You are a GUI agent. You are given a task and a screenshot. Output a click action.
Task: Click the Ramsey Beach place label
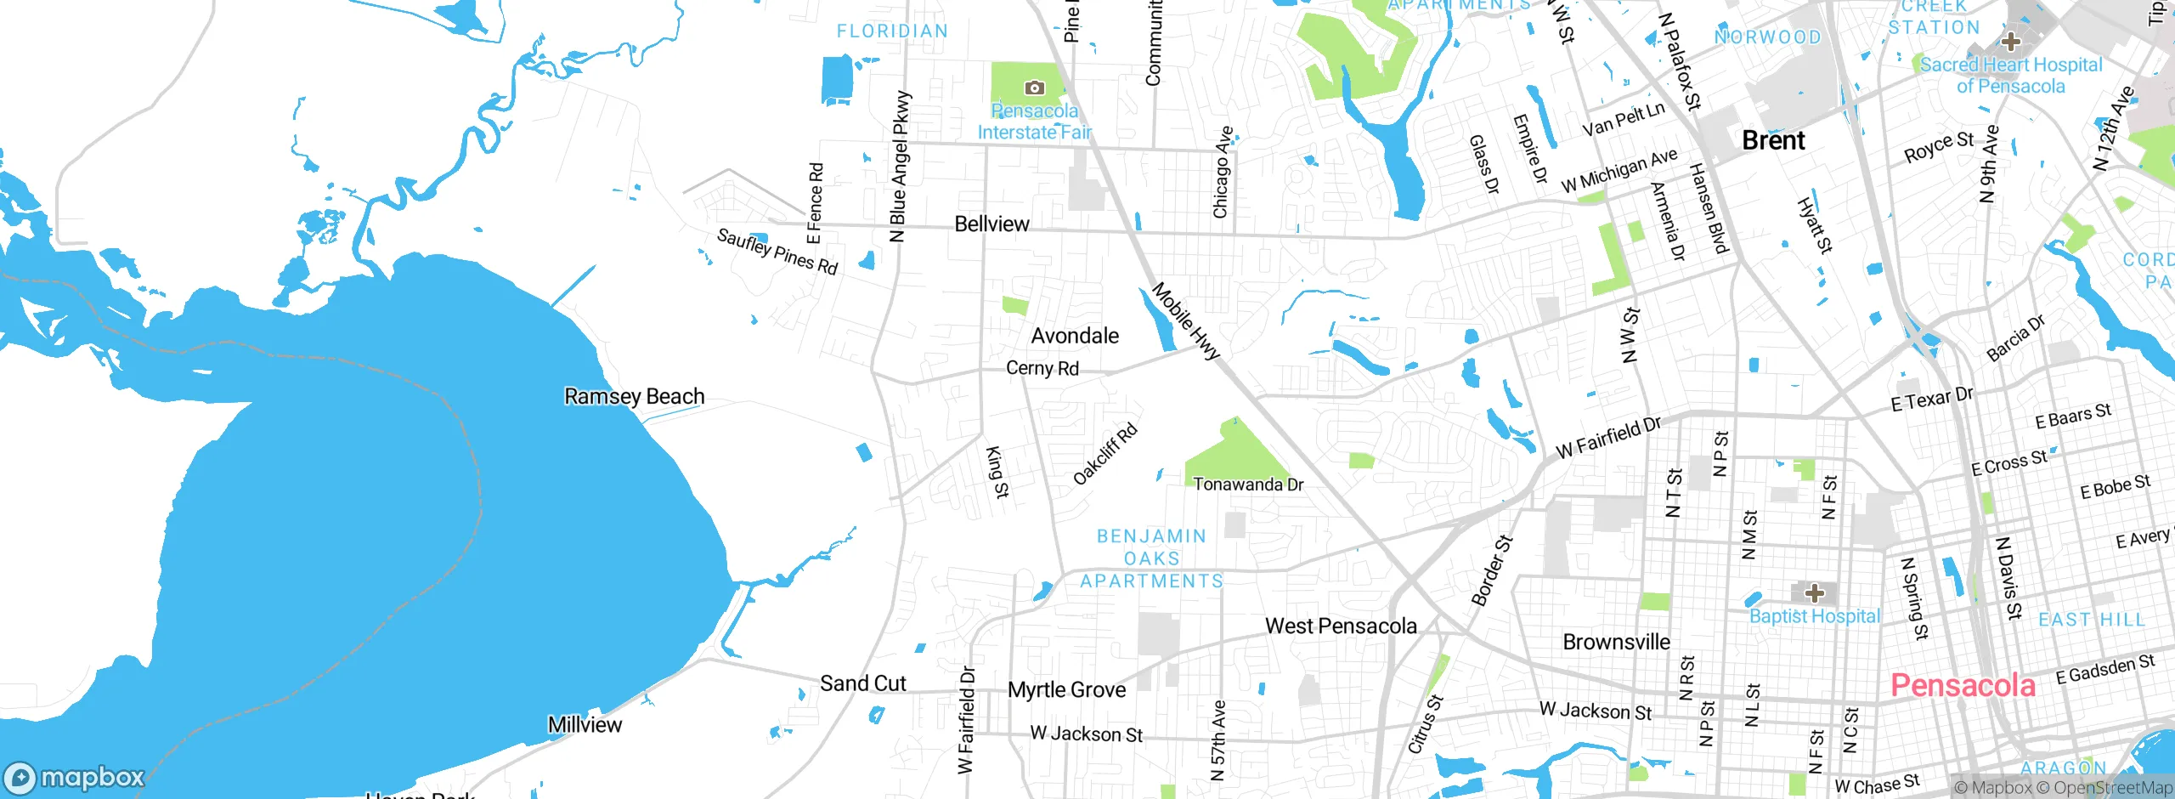pos(634,397)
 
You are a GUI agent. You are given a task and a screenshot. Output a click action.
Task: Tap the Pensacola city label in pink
pos(1963,685)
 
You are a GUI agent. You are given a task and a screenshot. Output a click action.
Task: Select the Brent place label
pos(1773,140)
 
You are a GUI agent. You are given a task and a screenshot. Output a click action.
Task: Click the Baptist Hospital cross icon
pos(1814,592)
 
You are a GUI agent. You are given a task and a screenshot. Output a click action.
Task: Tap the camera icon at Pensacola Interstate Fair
pos(1034,88)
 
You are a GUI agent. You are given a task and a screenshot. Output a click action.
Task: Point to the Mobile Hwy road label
pos(1185,321)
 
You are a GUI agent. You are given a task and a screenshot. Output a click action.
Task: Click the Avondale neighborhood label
pos(1075,336)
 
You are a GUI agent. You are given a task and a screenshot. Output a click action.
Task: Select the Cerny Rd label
pos(1042,368)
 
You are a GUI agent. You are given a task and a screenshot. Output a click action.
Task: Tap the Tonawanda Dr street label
pos(1247,484)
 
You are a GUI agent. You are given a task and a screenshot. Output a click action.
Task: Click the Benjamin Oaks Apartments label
pos(1152,558)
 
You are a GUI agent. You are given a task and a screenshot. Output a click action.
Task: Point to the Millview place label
pos(585,725)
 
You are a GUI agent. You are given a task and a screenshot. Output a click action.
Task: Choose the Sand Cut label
pos(862,683)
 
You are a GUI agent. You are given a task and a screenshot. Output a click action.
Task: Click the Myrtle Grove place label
pos(1066,690)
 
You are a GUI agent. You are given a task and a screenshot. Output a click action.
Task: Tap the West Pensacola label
pos(1341,626)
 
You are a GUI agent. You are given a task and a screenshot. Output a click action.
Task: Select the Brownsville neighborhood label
pos(1616,642)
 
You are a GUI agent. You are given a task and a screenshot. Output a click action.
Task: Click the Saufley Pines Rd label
pos(777,251)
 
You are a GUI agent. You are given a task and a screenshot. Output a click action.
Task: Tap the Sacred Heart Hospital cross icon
pos(2010,41)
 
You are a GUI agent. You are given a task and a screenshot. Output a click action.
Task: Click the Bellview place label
pos(991,224)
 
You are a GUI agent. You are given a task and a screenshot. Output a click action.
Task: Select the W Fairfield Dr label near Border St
pos(1607,438)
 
